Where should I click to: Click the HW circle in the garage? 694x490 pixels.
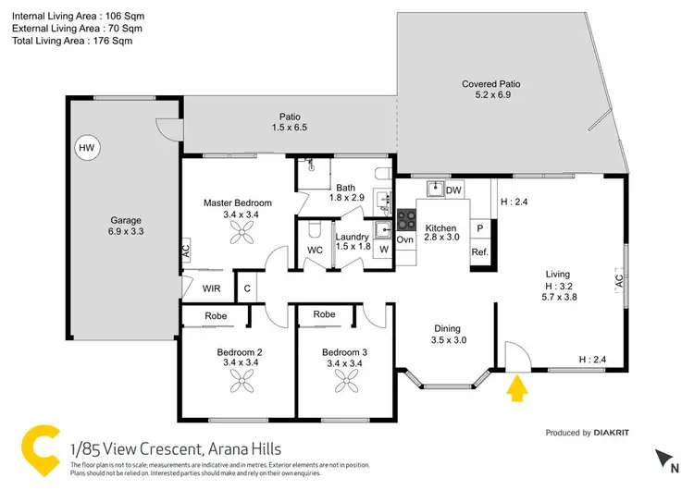point(86,148)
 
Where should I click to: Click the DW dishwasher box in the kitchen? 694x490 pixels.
point(453,190)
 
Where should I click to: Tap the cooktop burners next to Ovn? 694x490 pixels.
point(406,220)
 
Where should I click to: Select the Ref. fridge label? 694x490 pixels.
point(479,252)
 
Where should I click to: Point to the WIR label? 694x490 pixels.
point(211,288)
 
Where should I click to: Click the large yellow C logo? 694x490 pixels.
point(40,449)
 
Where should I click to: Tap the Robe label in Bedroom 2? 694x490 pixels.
point(216,315)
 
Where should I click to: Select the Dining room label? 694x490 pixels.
point(448,328)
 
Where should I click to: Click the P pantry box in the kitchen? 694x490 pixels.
point(479,227)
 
